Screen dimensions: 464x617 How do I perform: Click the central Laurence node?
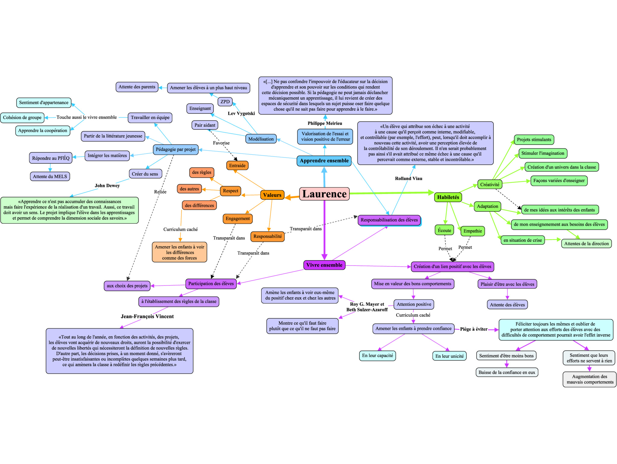click(x=324, y=194)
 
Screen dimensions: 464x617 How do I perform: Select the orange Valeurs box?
click(x=272, y=195)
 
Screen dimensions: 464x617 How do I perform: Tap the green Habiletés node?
click(x=448, y=197)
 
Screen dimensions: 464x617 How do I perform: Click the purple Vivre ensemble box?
click(x=324, y=265)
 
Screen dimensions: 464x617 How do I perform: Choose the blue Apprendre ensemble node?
click(x=324, y=161)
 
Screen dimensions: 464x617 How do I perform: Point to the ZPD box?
click(x=225, y=102)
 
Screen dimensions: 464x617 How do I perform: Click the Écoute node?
click(x=444, y=230)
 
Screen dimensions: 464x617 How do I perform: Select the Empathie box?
click(x=472, y=231)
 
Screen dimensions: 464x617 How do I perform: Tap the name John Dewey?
click(x=107, y=185)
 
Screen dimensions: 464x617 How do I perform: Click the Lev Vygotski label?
click(x=241, y=114)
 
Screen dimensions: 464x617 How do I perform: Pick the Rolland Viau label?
click(x=409, y=179)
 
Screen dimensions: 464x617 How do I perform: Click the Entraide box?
click(x=237, y=166)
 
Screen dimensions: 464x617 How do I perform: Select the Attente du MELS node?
click(x=50, y=176)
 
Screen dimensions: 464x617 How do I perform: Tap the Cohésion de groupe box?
click(x=22, y=117)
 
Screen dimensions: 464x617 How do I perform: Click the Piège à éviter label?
click(x=474, y=329)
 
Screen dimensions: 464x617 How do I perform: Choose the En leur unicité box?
click(x=449, y=356)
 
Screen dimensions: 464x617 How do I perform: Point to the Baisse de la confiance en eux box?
click(x=507, y=372)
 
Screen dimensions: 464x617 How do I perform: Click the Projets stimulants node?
click(x=534, y=140)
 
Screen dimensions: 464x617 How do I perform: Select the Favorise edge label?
click(x=221, y=143)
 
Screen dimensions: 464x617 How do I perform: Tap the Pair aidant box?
click(x=205, y=125)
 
